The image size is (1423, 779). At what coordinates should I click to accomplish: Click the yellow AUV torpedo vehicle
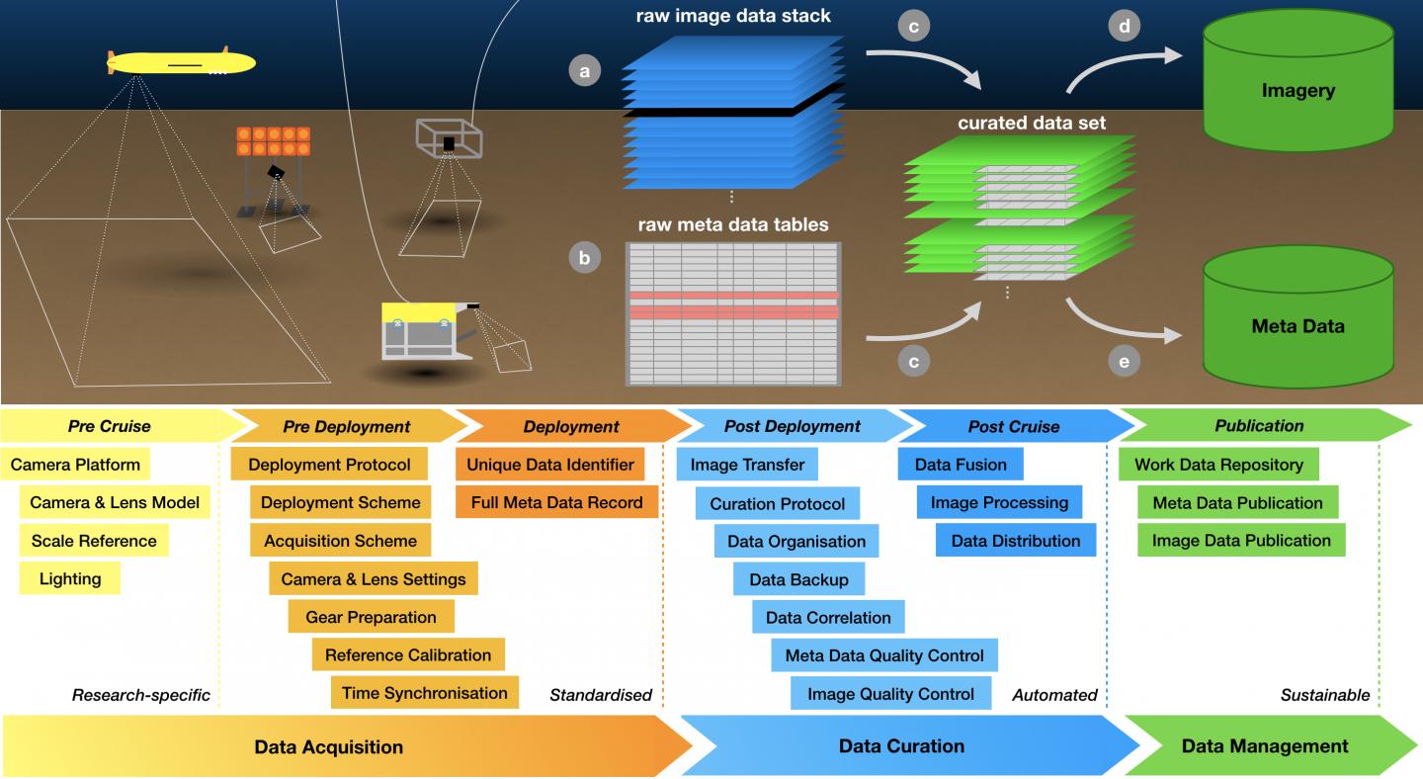click(180, 63)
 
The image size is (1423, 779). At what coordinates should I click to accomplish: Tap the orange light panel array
click(273, 141)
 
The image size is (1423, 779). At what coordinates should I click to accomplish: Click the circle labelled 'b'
click(585, 258)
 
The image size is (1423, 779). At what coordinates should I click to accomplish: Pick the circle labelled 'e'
click(1124, 362)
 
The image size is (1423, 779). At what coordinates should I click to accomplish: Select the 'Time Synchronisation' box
click(425, 693)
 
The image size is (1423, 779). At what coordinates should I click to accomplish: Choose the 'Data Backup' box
click(798, 579)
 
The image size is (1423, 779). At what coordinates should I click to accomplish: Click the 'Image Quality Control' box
click(890, 693)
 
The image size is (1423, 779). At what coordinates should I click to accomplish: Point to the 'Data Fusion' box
click(961, 465)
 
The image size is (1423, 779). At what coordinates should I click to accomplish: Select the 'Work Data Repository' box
click(1218, 465)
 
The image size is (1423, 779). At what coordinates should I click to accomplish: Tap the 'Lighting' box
click(69, 578)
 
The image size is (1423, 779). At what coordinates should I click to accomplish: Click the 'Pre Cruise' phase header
click(110, 426)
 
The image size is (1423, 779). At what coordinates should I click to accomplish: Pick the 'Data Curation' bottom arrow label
click(901, 745)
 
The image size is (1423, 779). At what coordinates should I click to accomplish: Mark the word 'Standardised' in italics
click(601, 695)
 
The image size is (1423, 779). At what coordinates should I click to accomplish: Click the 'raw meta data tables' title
click(732, 224)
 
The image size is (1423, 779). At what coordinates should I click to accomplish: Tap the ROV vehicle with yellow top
click(424, 332)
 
